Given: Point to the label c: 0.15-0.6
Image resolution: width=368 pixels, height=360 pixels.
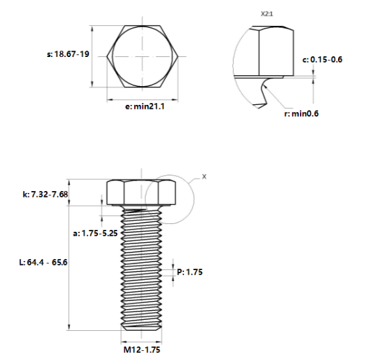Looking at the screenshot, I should [322, 59].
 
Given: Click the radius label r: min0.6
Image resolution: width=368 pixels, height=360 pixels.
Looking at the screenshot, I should [302, 113].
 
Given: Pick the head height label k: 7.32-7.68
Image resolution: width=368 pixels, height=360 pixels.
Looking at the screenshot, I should [45, 194].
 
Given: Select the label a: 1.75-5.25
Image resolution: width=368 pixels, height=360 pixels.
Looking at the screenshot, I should [95, 233].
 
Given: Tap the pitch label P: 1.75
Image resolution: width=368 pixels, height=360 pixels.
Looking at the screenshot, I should [190, 272].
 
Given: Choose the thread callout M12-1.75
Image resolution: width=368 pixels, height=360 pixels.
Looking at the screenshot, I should [141, 349].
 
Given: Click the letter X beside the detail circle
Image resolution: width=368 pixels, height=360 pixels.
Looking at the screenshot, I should [205, 176].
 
